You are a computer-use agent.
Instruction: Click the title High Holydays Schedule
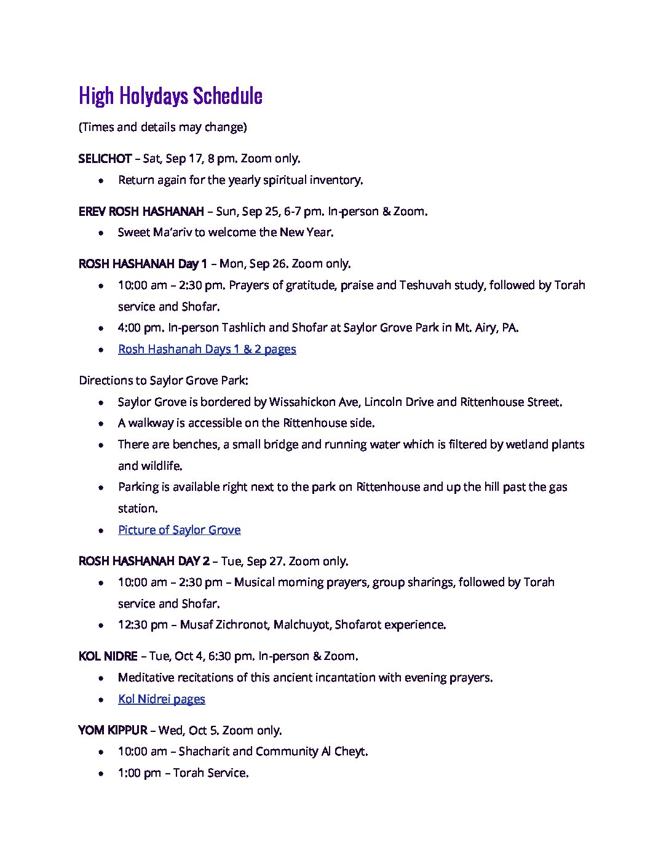point(170,96)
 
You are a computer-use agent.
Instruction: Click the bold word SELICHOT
point(105,159)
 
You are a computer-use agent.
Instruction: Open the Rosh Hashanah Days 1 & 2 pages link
point(207,349)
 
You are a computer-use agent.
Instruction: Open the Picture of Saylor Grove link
point(179,530)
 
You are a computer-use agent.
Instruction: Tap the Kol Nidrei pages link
point(161,699)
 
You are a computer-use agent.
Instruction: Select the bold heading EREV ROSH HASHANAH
point(141,212)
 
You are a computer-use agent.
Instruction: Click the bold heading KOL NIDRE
point(108,656)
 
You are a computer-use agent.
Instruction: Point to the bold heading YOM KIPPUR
point(113,731)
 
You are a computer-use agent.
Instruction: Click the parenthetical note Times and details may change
point(162,127)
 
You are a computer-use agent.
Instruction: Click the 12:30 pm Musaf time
point(143,625)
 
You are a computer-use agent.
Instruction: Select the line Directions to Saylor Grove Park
point(163,381)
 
